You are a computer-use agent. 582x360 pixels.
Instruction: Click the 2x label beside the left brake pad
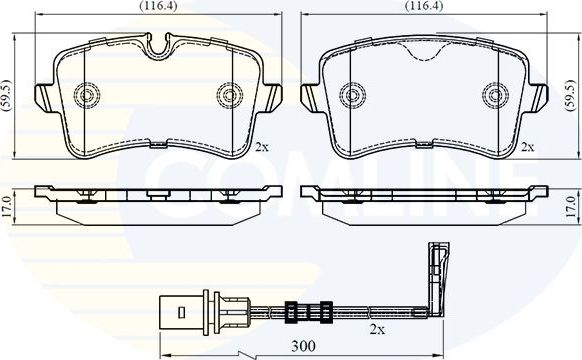pos(261,146)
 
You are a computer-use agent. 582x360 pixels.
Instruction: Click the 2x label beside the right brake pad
pos(527,146)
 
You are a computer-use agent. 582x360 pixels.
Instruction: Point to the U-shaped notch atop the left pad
pos(157,45)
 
